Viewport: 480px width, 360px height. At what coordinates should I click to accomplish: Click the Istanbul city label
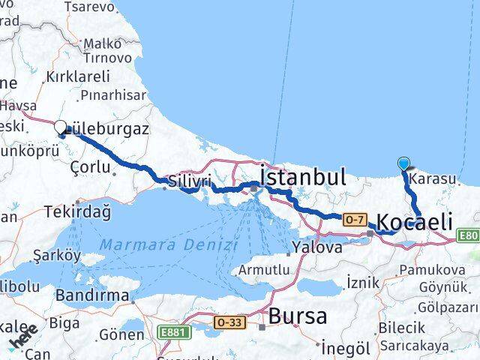pyautogui.click(x=303, y=178)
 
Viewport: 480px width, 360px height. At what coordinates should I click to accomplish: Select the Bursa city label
pyautogui.click(x=298, y=316)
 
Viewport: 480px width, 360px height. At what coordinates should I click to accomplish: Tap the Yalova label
pyautogui.click(x=317, y=246)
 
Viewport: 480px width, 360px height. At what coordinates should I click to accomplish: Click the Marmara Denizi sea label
pyautogui.click(x=169, y=244)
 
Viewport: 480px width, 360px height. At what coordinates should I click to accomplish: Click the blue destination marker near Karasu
pyautogui.click(x=404, y=163)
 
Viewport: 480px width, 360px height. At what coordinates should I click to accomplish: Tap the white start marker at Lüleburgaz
pyautogui.click(x=60, y=128)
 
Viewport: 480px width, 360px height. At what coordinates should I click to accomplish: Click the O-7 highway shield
pyautogui.click(x=355, y=220)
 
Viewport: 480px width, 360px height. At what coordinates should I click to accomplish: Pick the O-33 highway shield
pyautogui.click(x=228, y=322)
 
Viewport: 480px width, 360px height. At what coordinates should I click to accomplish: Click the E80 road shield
pyautogui.click(x=469, y=235)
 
